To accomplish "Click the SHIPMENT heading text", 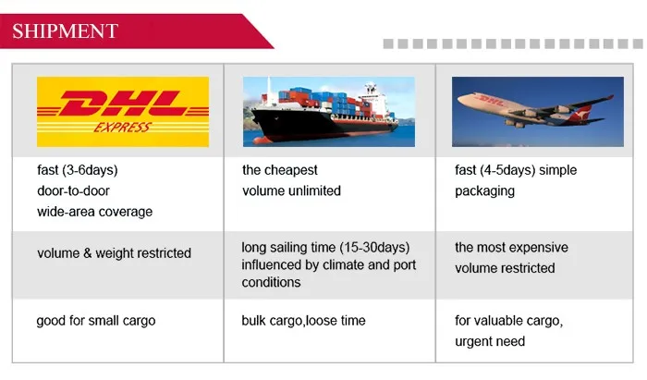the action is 66,31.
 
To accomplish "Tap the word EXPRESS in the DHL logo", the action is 123,127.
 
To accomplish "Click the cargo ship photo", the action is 329,111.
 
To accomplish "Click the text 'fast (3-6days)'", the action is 78,170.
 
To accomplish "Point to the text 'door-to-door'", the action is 73,190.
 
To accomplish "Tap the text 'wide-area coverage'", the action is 95,212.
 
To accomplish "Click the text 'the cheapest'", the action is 280,170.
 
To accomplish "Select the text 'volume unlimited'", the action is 292,190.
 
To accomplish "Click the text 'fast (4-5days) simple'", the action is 516,170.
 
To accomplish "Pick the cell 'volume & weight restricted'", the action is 115,253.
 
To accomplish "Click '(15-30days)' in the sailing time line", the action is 374,247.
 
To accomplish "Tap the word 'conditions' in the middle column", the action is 271,282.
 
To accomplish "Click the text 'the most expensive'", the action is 512,247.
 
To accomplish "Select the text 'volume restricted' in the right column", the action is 505,268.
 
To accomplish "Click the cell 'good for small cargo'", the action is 96,321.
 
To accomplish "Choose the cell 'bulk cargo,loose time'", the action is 304,321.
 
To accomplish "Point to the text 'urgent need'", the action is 490,341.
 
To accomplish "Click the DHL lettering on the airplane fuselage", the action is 491,100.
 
